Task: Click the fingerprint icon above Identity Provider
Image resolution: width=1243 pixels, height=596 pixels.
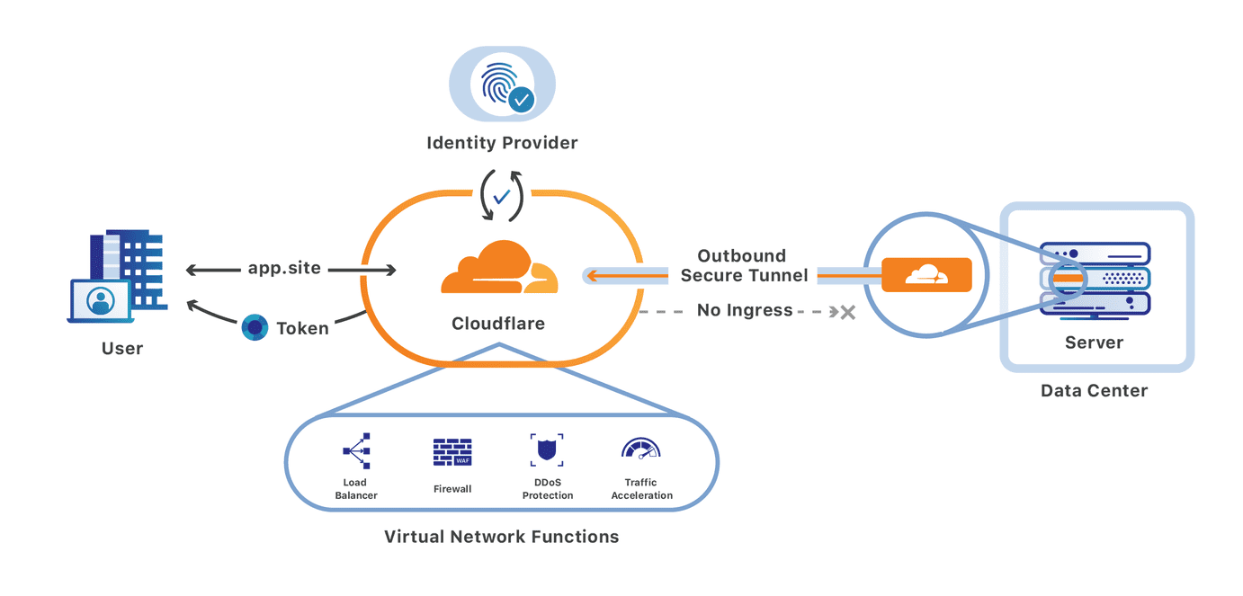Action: [x=501, y=86]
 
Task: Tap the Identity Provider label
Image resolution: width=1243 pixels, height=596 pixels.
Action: [x=502, y=143]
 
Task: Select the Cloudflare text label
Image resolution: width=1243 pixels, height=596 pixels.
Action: [x=498, y=324]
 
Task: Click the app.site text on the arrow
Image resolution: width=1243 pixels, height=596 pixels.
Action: [x=284, y=268]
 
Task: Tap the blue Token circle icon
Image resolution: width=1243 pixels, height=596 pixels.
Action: [x=255, y=328]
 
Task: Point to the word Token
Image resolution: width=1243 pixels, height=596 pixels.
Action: [x=302, y=328]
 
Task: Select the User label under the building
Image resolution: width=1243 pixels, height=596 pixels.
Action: [x=122, y=349]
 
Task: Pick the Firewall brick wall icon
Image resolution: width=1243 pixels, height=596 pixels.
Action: [x=452, y=452]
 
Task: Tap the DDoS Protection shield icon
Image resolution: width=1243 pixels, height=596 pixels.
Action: [x=547, y=450]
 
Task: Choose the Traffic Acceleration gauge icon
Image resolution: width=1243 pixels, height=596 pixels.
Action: [x=641, y=449]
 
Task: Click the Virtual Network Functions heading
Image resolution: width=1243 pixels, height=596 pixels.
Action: [x=501, y=537]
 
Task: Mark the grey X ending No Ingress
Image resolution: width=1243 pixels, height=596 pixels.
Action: [x=846, y=312]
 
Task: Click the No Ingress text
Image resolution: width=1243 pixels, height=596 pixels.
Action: [x=745, y=310]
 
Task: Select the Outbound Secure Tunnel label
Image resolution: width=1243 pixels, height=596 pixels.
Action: [x=743, y=265]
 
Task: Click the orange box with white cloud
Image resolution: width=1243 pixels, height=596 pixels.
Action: [x=926, y=275]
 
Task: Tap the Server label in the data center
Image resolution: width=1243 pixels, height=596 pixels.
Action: [x=1094, y=342]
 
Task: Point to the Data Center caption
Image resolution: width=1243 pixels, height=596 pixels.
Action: [x=1094, y=391]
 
